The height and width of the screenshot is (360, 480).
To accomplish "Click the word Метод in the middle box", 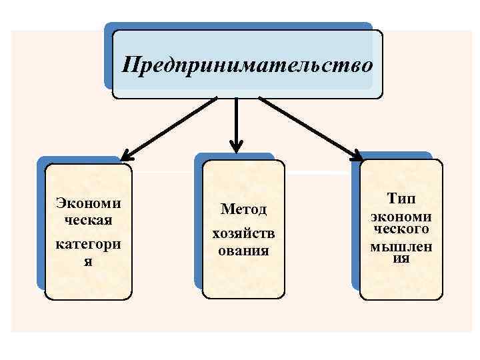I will [243, 209].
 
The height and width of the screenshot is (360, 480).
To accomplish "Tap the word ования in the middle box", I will [243, 251].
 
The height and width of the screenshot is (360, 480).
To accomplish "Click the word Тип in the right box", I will [400, 198].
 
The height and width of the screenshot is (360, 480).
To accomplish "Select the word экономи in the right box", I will [401, 216].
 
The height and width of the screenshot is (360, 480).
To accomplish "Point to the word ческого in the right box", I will [401, 229].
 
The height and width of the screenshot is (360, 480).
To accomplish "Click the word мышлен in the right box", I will [401, 247].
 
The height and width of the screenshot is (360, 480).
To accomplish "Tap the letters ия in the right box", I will [401, 258].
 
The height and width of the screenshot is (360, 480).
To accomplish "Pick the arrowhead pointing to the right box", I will [357, 157].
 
